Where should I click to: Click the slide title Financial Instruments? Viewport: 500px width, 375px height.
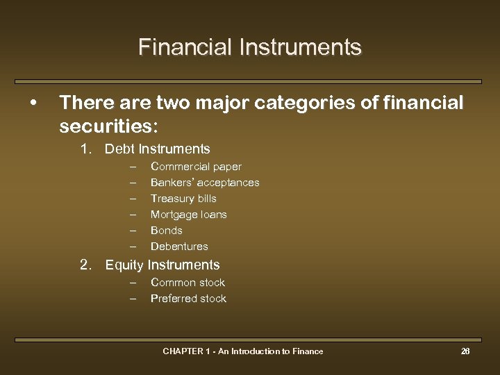click(x=250, y=47)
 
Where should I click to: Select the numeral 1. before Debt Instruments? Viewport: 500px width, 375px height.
click(x=86, y=149)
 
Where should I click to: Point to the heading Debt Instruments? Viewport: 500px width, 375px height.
click(x=157, y=149)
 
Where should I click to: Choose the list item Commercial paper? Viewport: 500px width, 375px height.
click(x=196, y=167)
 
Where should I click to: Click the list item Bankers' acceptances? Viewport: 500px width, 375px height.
click(x=205, y=183)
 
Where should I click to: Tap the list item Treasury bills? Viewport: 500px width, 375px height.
click(x=183, y=199)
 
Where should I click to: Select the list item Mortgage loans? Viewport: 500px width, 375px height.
click(x=189, y=215)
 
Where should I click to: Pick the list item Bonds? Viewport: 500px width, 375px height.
click(x=167, y=231)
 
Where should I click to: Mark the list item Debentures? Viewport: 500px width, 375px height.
click(x=179, y=247)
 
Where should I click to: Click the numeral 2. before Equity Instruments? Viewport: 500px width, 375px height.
click(x=86, y=265)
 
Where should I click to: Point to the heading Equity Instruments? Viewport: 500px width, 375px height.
click(x=162, y=265)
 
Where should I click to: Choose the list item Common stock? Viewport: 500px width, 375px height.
click(x=187, y=283)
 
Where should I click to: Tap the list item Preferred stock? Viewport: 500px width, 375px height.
click(x=188, y=299)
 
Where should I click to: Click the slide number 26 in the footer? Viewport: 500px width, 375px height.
click(x=465, y=351)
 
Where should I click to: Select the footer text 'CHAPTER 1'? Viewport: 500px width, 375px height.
click(x=185, y=351)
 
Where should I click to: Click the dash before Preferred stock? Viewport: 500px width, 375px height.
click(x=133, y=299)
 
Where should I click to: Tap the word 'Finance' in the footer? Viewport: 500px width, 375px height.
click(x=308, y=351)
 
